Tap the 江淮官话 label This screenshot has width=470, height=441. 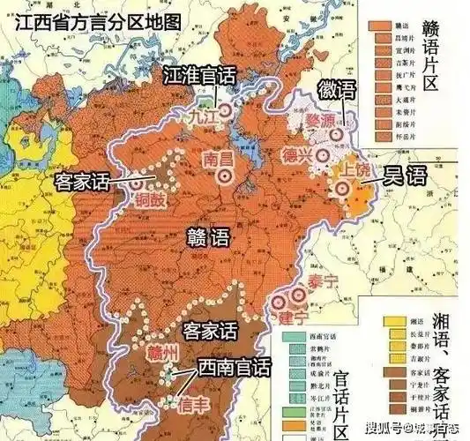click(199, 77)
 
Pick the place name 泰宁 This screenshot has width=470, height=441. click(324, 282)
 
